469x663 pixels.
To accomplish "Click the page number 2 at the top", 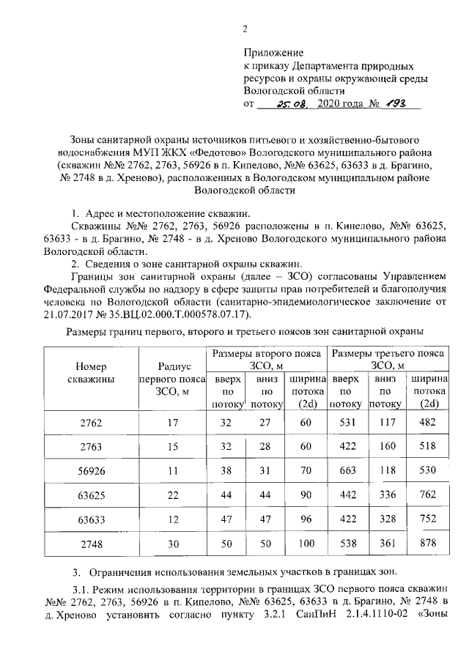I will pyautogui.click(x=245, y=29).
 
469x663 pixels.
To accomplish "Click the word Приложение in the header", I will pyautogui.click(x=273, y=53).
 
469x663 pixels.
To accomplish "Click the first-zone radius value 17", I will pyautogui.click(x=173, y=423).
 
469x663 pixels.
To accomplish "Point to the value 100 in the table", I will pyautogui.click(x=305, y=544).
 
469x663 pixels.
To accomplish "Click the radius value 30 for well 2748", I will pyautogui.click(x=173, y=544).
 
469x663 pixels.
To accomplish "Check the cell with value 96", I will pyautogui.click(x=305, y=519).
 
